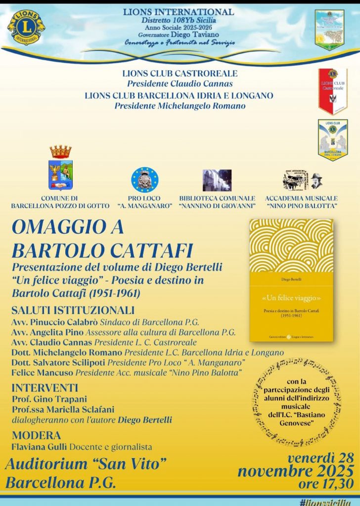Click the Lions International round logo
26,27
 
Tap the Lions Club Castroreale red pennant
332,90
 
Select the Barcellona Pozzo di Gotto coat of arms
60,169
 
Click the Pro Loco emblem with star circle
145,179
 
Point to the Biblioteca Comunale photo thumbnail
217,180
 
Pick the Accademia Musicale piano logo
302,181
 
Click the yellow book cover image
291,280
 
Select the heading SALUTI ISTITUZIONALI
73,311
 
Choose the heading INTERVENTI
45,387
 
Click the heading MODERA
36,435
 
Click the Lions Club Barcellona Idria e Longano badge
332,139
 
